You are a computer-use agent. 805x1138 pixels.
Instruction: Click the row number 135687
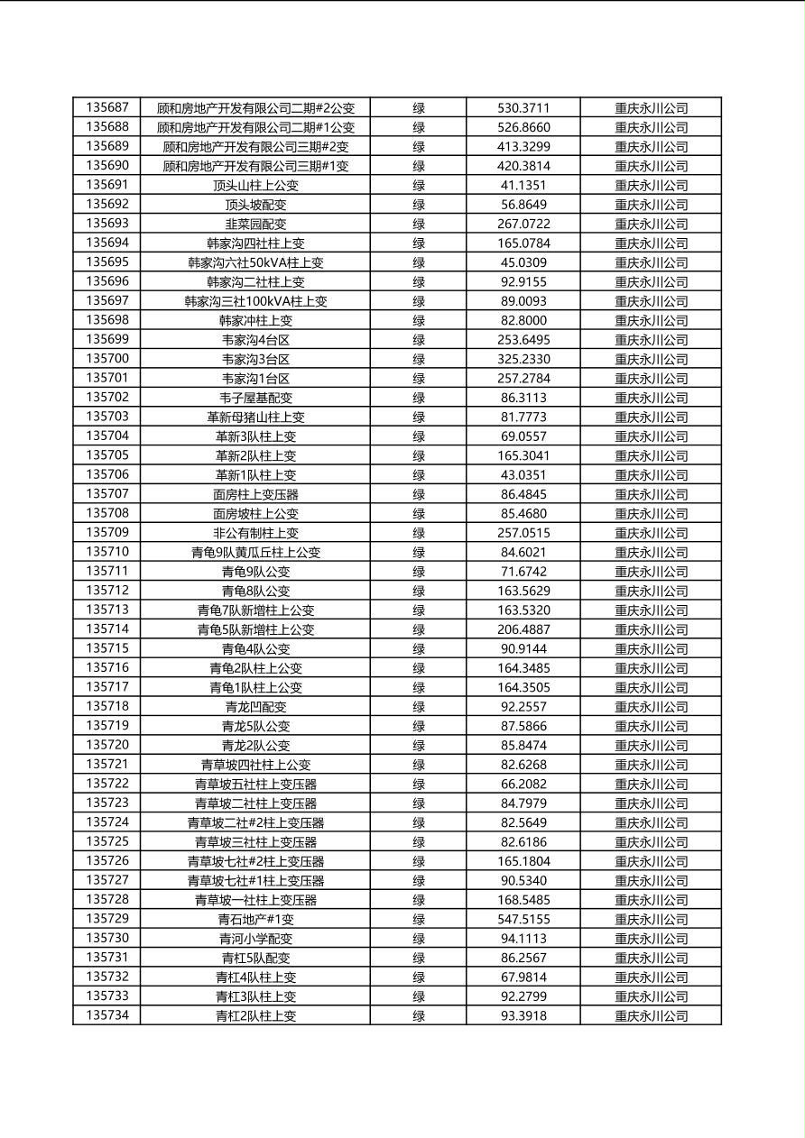[x=107, y=107]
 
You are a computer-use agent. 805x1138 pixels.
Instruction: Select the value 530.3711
[x=523, y=107]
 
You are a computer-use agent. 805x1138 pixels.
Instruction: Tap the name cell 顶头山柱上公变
[x=255, y=185]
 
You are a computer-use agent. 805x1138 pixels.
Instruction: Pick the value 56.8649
[x=523, y=205]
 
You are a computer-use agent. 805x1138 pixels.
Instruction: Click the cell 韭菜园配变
[x=255, y=224]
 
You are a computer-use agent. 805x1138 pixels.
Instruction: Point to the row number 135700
[x=107, y=359]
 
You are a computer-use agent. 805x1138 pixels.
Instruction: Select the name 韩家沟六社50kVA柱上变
[x=255, y=262]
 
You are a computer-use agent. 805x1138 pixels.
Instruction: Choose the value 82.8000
[x=523, y=320]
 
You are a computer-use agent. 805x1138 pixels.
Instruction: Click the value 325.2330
[x=523, y=359]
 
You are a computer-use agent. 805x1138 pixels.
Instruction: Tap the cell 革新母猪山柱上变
[x=255, y=417]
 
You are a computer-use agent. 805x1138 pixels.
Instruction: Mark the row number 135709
[x=107, y=533]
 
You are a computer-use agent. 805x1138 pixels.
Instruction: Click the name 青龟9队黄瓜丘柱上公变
[x=255, y=552]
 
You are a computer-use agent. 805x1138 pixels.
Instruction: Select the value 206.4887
[x=523, y=629]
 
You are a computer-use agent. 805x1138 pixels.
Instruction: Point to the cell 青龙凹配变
[x=255, y=707]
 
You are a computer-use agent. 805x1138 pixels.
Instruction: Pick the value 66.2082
[x=523, y=784]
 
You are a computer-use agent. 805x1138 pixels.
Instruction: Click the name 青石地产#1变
[x=255, y=919]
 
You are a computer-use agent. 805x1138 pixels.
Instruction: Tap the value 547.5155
[x=523, y=919]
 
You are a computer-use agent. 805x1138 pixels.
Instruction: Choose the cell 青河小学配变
[x=255, y=939]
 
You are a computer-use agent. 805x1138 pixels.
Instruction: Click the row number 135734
[x=107, y=1015]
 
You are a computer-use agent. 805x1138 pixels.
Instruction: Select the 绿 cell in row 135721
[x=419, y=765]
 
